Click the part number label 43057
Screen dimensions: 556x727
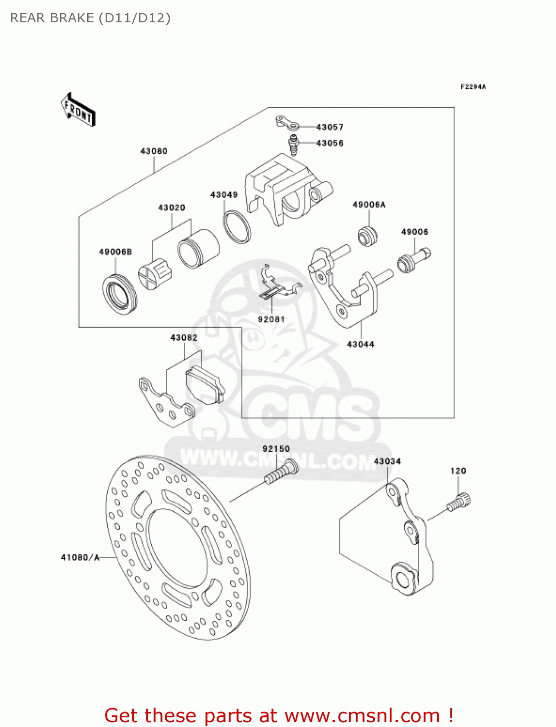pyautogui.click(x=330, y=127)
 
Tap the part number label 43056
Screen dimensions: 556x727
pyautogui.click(x=330, y=143)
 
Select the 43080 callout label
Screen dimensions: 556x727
pyautogui.click(x=154, y=151)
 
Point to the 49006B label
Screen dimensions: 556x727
pyautogui.click(x=115, y=252)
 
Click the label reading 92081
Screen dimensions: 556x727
pyautogui.click(x=271, y=319)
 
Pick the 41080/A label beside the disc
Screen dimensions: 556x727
pyautogui.click(x=80, y=557)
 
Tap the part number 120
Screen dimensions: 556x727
pyautogui.click(x=458, y=471)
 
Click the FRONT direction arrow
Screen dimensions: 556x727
pyautogui.click(x=79, y=110)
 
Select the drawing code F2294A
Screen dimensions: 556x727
pyautogui.click(x=473, y=87)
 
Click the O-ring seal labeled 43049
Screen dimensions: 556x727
pyautogui.click(x=237, y=227)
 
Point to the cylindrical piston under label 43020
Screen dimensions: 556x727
pyautogui.click(x=198, y=249)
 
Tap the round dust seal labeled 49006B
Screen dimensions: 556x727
pyautogui.click(x=120, y=295)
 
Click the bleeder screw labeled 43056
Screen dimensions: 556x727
pyautogui.click(x=293, y=145)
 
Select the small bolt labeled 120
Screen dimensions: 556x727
pyautogui.click(x=459, y=502)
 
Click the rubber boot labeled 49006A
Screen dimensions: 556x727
pyautogui.click(x=367, y=236)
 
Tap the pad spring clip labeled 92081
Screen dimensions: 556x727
pyautogui.click(x=281, y=282)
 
